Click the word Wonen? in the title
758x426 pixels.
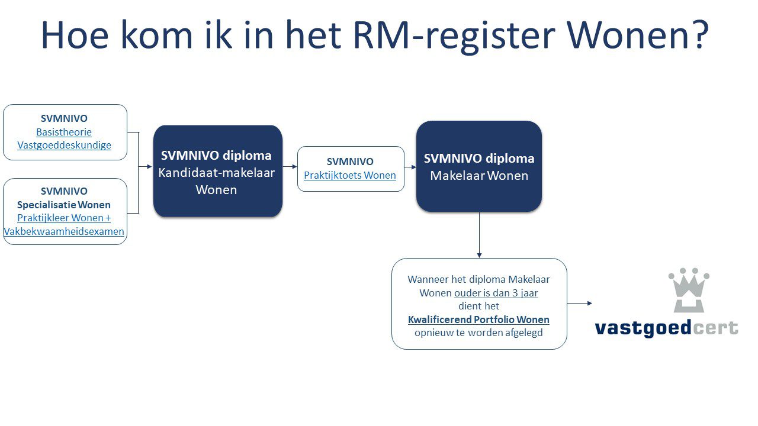(638, 35)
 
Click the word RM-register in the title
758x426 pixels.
(454, 37)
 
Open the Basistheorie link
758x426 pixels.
(64, 132)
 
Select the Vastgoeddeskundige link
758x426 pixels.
(64, 145)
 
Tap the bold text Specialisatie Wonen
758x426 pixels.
(64, 205)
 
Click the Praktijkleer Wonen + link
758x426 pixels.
(64, 218)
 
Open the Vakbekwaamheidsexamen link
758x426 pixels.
(64, 231)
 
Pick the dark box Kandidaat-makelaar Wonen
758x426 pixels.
(217, 171)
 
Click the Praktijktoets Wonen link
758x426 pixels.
(350, 175)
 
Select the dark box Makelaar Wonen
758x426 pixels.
(479, 166)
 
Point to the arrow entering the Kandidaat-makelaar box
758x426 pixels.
(145, 166)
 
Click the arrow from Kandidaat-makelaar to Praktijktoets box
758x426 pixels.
(290, 166)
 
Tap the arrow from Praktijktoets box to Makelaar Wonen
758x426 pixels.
(410, 167)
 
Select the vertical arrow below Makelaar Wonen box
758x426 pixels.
(479, 235)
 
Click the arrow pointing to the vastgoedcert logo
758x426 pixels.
(580, 304)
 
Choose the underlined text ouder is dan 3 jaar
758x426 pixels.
(496, 293)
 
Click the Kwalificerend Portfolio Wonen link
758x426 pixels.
(478, 319)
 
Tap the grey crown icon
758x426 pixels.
(689, 290)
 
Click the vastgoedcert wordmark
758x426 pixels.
(666, 328)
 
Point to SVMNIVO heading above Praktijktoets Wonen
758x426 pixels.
(350, 162)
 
